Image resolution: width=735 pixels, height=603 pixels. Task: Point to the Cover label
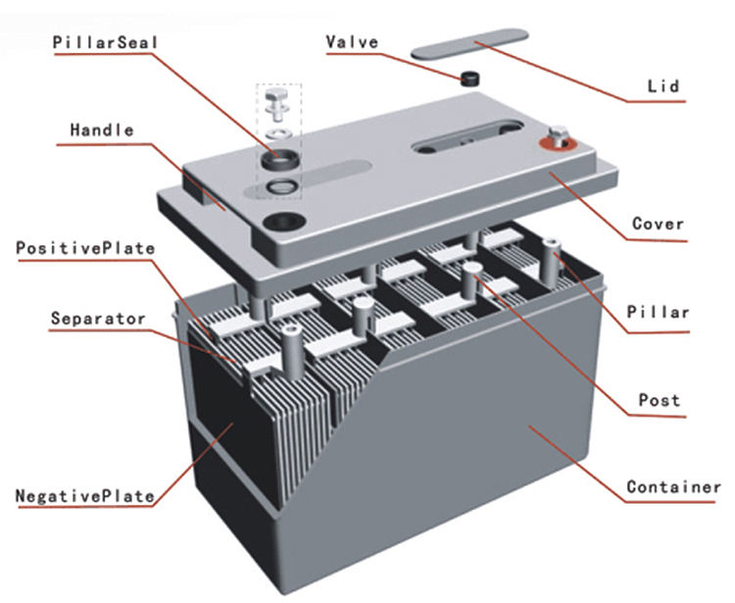pos(658,224)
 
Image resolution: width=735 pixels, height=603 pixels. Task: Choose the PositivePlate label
pos(84,248)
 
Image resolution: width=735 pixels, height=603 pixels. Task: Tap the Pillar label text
pos(659,313)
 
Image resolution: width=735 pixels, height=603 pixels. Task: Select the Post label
pos(659,400)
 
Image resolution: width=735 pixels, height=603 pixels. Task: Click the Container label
pos(673,486)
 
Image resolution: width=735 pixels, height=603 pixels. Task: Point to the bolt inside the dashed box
pos(277,101)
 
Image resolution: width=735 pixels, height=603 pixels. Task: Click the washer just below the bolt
pos(278,129)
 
